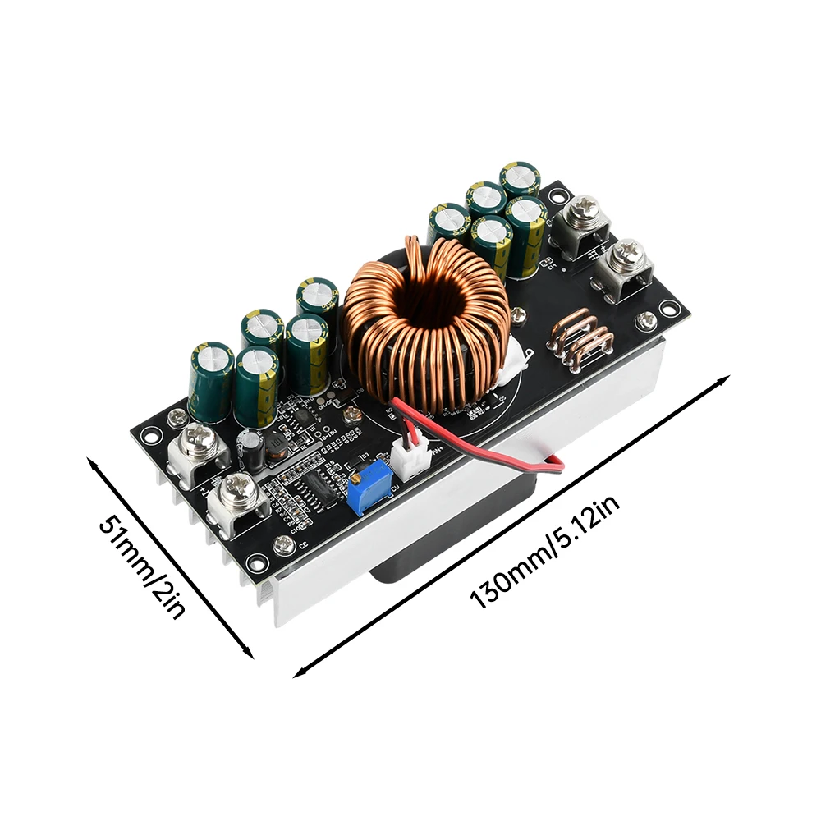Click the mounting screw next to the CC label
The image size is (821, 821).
(x=284, y=543)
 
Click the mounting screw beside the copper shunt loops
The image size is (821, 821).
(x=646, y=319)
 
